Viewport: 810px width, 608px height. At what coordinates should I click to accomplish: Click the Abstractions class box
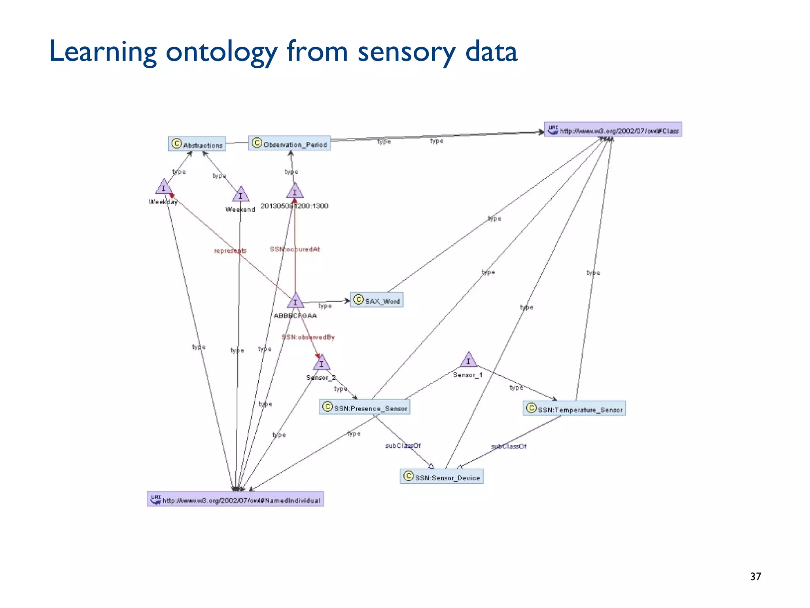pyautogui.click(x=197, y=144)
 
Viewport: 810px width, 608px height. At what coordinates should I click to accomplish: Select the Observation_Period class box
pyautogui.click(x=290, y=143)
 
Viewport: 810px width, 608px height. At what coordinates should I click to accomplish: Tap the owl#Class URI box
pyautogui.click(x=613, y=130)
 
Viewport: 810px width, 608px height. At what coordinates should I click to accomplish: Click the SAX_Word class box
pyautogui.click(x=377, y=300)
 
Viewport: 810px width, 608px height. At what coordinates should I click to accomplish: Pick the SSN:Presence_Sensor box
pyautogui.click(x=364, y=407)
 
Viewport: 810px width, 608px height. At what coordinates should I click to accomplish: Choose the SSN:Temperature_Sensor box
pyautogui.click(x=574, y=409)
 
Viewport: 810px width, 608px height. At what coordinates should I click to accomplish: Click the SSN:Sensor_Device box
pyautogui.click(x=442, y=477)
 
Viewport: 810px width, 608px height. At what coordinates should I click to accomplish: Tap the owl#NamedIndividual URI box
pyautogui.click(x=235, y=500)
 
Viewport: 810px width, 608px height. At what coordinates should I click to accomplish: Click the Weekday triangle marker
pyautogui.click(x=163, y=187)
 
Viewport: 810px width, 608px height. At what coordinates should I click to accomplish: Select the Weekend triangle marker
pyautogui.click(x=240, y=195)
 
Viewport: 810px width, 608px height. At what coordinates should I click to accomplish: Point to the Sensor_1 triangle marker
pyautogui.click(x=468, y=360)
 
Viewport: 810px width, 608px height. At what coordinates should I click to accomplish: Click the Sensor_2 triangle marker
pyautogui.click(x=321, y=363)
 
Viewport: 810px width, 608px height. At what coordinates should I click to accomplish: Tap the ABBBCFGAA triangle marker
pyautogui.click(x=295, y=301)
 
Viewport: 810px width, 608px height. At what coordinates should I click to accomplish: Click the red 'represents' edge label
pyautogui.click(x=230, y=251)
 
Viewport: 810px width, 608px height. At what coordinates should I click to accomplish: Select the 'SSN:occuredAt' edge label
pyautogui.click(x=295, y=249)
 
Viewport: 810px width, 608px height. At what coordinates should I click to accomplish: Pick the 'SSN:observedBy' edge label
pyautogui.click(x=308, y=337)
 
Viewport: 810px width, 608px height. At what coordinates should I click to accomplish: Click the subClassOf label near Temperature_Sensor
pyautogui.click(x=509, y=446)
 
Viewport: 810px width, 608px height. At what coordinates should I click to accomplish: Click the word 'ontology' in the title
pyautogui.click(x=221, y=53)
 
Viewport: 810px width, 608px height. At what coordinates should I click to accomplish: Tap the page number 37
pyautogui.click(x=755, y=576)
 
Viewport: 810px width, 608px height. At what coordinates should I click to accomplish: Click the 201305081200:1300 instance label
pyautogui.click(x=294, y=206)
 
